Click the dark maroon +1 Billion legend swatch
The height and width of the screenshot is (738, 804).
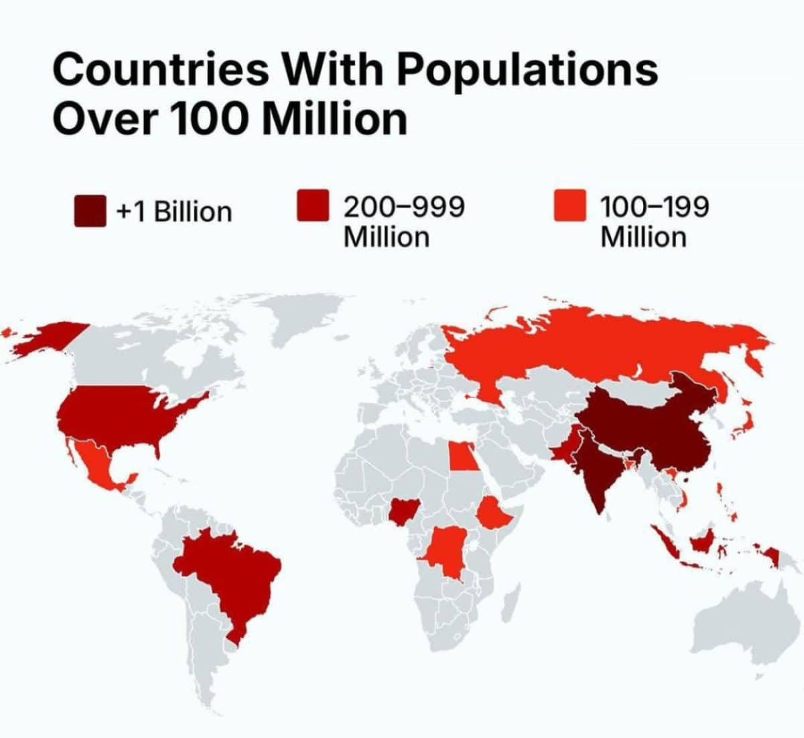point(90,211)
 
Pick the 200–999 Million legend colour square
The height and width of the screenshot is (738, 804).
point(313,205)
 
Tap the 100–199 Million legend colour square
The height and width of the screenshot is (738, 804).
point(570,205)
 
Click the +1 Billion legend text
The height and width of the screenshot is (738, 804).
point(174,212)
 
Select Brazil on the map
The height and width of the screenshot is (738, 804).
point(234,576)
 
